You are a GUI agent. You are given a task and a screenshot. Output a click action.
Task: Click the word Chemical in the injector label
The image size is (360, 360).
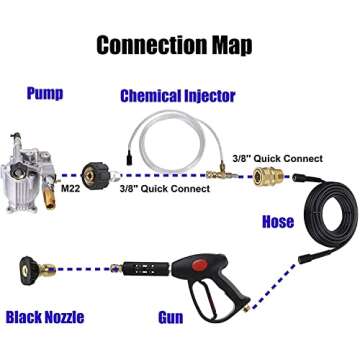tap(156, 97)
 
